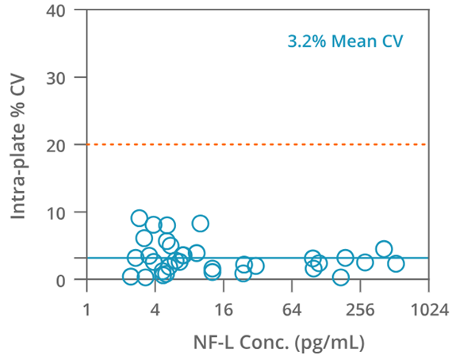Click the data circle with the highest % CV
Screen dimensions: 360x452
140,218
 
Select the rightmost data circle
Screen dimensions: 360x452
396,263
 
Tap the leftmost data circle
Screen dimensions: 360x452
131,276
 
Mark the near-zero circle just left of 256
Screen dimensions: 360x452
341,277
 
